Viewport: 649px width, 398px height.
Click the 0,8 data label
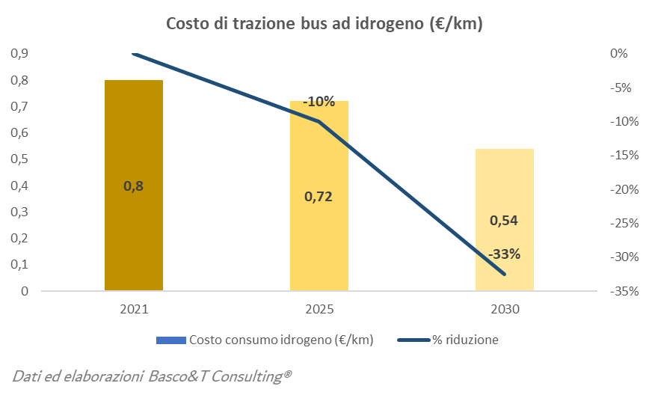pos(134,186)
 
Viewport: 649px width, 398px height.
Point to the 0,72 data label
pos(319,198)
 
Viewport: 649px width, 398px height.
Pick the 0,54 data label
pos(504,221)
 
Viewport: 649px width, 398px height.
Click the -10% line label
pos(319,102)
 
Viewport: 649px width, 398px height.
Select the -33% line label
pos(504,254)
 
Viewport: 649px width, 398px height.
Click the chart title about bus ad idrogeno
pos(324,24)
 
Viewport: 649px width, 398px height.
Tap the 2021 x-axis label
pos(134,309)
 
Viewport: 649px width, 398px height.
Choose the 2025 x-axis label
pos(319,309)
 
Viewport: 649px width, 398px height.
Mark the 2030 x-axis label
pos(505,309)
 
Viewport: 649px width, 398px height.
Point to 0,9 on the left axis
pos(19,53)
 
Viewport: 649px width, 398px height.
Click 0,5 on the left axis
pos(19,159)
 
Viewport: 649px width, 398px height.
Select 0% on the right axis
pos(618,53)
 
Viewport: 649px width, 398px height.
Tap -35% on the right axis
pos(623,291)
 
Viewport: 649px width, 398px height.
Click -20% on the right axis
pos(623,189)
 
